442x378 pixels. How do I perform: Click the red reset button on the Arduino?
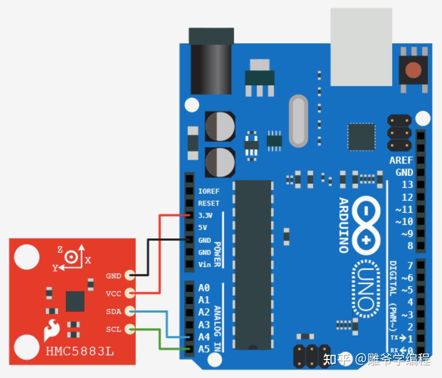[413, 70]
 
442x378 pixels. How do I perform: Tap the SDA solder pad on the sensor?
[130, 312]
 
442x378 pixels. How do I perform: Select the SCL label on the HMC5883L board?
[114, 329]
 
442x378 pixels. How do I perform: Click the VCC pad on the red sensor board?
[130, 293]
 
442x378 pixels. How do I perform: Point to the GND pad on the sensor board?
[130, 275]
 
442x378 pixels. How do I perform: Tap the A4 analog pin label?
[204, 337]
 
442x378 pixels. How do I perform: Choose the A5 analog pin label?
[204, 349]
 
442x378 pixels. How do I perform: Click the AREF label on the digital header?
[401, 160]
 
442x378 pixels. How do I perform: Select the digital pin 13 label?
[407, 185]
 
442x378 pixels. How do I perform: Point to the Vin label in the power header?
[205, 265]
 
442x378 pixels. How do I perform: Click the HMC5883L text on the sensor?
[80, 351]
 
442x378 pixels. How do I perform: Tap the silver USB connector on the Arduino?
[361, 47]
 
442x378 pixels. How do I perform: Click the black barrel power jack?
[211, 61]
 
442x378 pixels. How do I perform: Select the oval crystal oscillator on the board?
[299, 121]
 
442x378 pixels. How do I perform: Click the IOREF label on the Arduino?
[209, 191]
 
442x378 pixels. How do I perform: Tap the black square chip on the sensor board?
[75, 301]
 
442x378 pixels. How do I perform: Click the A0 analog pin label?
[204, 288]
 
